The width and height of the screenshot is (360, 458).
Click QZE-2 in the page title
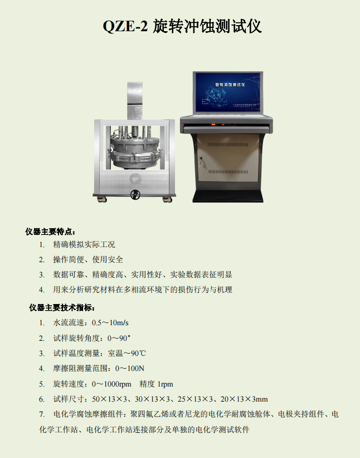(x=125, y=26)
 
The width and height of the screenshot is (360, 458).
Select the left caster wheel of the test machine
(x=99, y=198)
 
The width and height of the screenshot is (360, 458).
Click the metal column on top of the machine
(x=135, y=100)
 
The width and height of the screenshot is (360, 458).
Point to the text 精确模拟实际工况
(x=84, y=244)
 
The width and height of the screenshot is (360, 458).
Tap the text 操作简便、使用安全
(x=88, y=259)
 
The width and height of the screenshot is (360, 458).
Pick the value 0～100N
(x=130, y=368)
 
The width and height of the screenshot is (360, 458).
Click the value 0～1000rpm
(x=111, y=384)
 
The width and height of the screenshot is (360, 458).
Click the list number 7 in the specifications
(x=42, y=414)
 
